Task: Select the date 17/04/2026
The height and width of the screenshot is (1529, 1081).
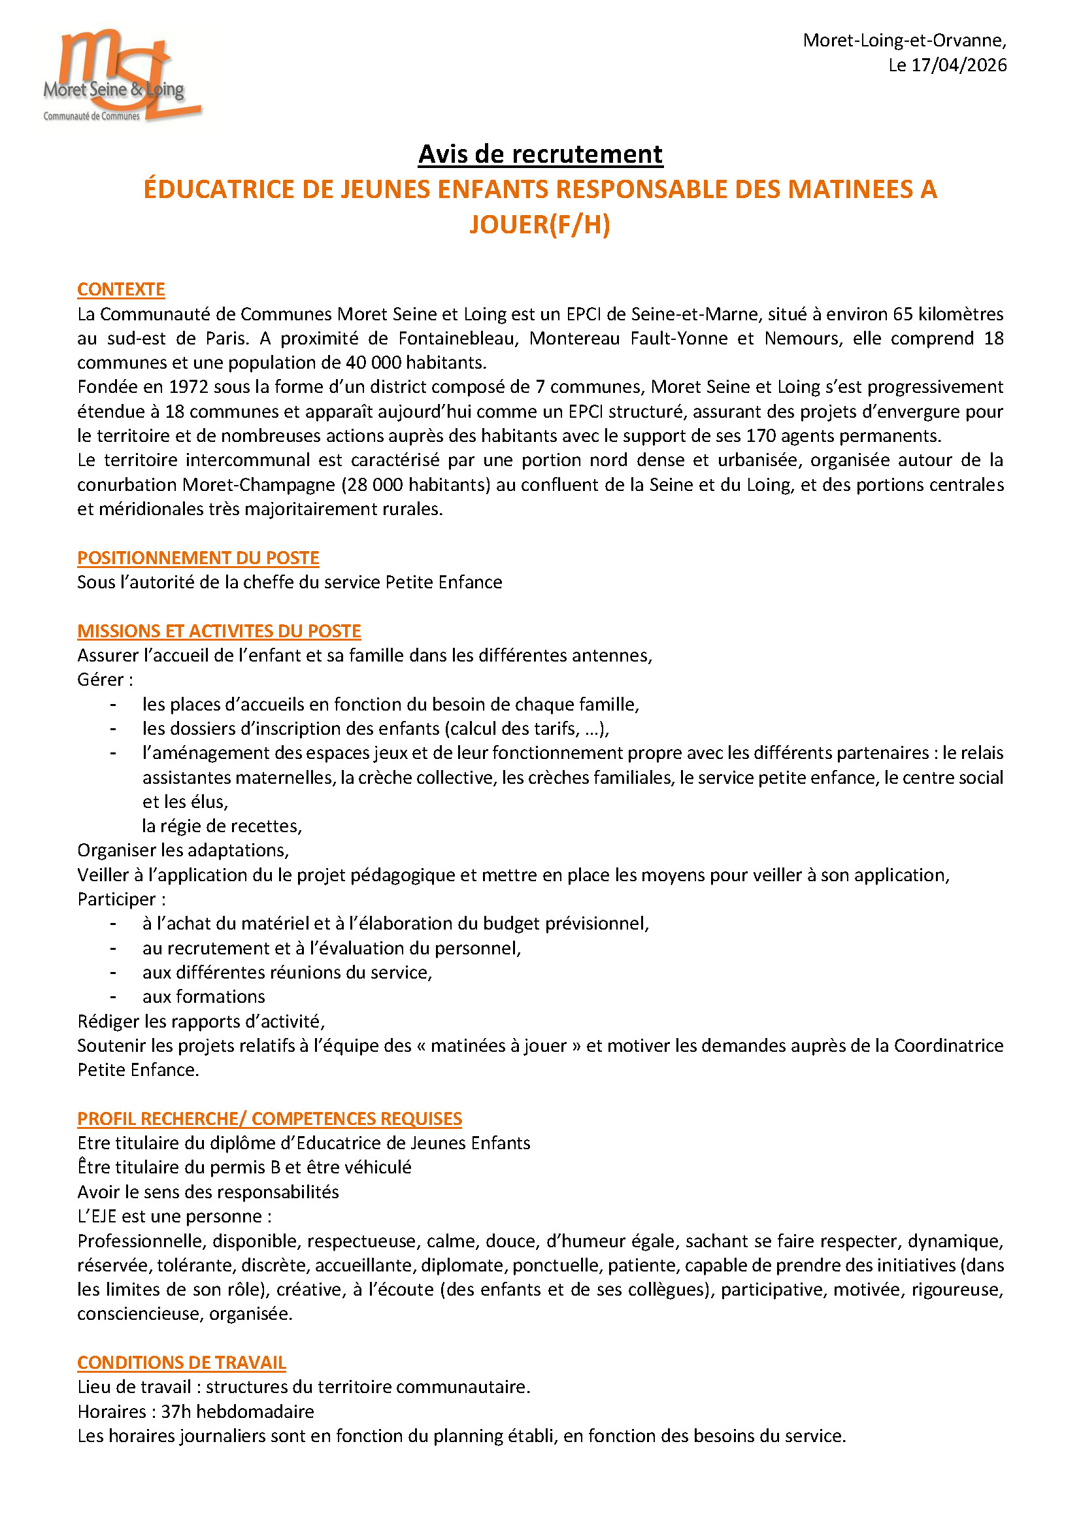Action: pos(959,65)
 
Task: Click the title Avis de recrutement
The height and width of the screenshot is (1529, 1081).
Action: pos(540,154)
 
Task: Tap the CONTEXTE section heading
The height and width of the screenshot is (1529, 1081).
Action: pos(121,290)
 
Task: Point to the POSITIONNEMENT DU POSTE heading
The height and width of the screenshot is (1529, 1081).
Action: pos(197,558)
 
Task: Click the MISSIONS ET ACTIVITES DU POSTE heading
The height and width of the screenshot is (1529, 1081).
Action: pos(219,631)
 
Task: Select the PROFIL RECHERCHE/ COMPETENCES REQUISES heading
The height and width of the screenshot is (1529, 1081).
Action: pos(269,1118)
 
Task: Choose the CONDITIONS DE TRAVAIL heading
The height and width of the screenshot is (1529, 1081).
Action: pos(182,1362)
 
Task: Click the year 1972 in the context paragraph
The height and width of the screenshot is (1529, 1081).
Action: pos(188,388)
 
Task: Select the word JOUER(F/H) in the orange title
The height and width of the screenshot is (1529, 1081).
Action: pos(540,225)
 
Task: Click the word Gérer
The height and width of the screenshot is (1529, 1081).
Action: pos(101,680)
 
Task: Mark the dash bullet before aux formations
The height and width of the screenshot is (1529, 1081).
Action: pos(114,997)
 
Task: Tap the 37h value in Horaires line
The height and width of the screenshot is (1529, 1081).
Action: pos(176,1412)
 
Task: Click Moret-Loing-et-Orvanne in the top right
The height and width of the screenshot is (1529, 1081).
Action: pos(905,41)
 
